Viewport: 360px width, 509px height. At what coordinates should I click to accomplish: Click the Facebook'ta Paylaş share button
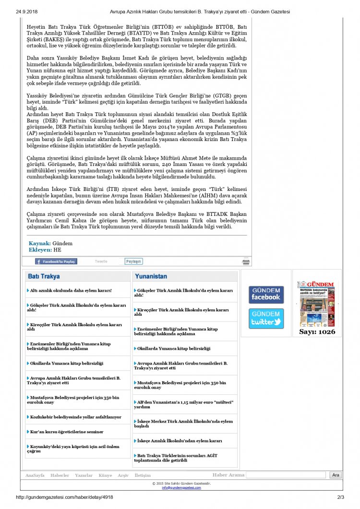56,261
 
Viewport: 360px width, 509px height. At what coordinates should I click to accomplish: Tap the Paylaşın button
133,261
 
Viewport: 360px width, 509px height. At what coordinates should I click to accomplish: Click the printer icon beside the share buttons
246,262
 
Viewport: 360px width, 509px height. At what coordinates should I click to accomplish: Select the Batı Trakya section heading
44,276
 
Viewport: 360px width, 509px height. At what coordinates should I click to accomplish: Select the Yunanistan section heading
151,276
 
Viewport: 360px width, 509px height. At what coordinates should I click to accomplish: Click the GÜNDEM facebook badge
266,295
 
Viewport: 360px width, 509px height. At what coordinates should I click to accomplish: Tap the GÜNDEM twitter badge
266,319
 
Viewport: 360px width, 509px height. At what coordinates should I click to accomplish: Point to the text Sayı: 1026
317,331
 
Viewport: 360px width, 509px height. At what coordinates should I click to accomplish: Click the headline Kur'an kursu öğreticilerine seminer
67,432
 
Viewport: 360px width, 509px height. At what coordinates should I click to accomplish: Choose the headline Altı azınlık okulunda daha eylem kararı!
71,290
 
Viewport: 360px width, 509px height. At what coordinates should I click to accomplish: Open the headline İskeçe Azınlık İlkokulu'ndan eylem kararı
180,440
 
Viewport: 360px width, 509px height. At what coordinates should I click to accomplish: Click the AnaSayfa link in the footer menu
35,475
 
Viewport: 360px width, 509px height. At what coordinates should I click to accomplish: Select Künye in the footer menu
105,475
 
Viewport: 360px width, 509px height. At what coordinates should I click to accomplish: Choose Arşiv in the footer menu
123,475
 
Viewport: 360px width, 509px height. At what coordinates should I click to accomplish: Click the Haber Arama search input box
287,475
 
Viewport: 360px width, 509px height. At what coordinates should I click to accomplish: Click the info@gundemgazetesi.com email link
181,487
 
